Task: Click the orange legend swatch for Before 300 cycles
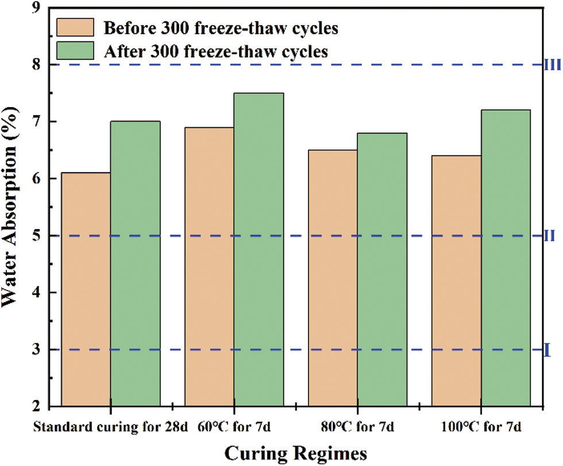(x=75, y=26)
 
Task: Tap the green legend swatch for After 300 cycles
(x=75, y=51)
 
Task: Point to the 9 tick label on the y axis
(x=37, y=9)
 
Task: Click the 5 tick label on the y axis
(x=37, y=236)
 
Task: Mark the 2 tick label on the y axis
(x=37, y=406)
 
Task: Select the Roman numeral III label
(x=552, y=65)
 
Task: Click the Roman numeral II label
(x=549, y=236)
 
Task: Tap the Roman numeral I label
(x=547, y=349)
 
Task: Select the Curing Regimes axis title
(x=295, y=453)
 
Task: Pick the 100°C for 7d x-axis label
(x=481, y=427)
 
